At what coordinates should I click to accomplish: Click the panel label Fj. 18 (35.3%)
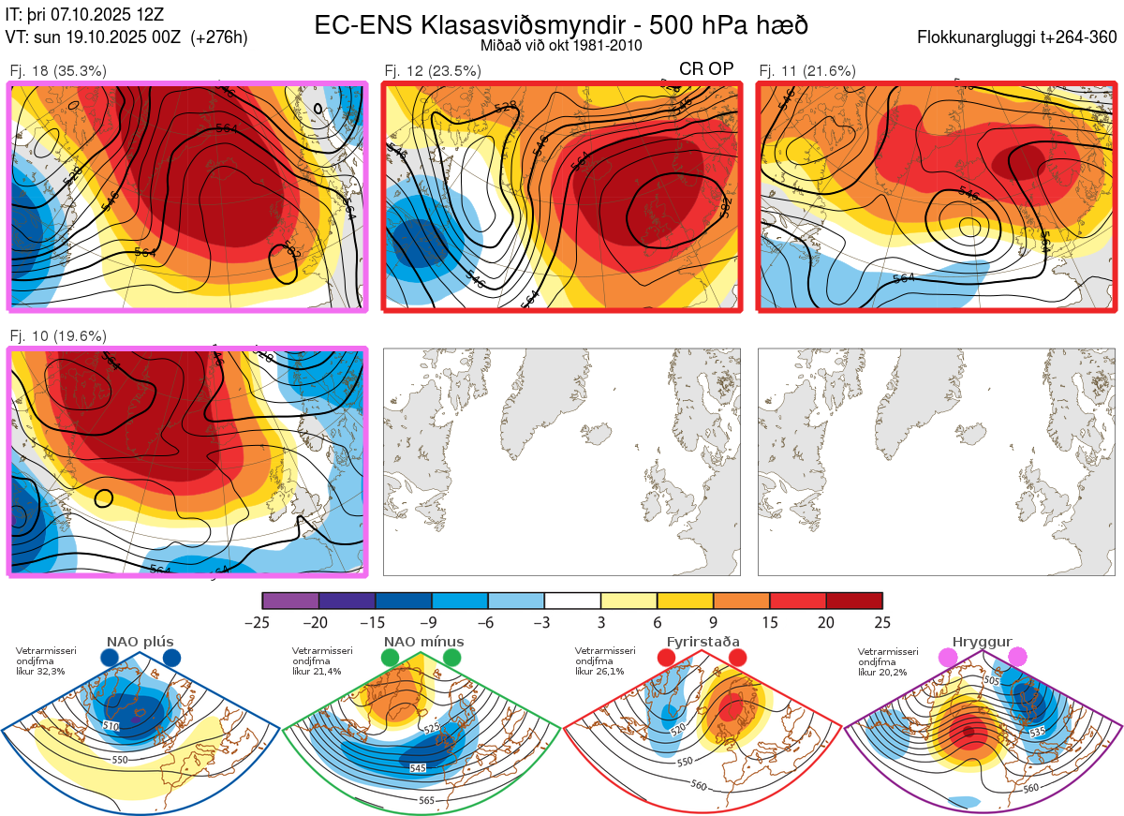[58, 70]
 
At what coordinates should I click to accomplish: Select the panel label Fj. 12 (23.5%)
[433, 70]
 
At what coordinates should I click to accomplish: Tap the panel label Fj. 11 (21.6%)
[806, 70]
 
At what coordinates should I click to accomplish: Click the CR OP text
[706, 69]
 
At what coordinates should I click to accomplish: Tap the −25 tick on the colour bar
[262, 623]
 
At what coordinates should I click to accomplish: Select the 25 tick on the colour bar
[882, 623]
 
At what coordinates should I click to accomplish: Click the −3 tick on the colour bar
[544, 623]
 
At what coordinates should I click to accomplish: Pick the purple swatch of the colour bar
[290, 601]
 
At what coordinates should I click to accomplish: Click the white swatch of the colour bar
[572, 601]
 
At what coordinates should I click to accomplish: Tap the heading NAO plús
[140, 642]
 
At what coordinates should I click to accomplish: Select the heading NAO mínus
[423, 642]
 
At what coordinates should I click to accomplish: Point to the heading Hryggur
[983, 642]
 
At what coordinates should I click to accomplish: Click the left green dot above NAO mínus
[391, 659]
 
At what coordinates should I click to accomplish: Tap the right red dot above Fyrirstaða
[737, 659]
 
